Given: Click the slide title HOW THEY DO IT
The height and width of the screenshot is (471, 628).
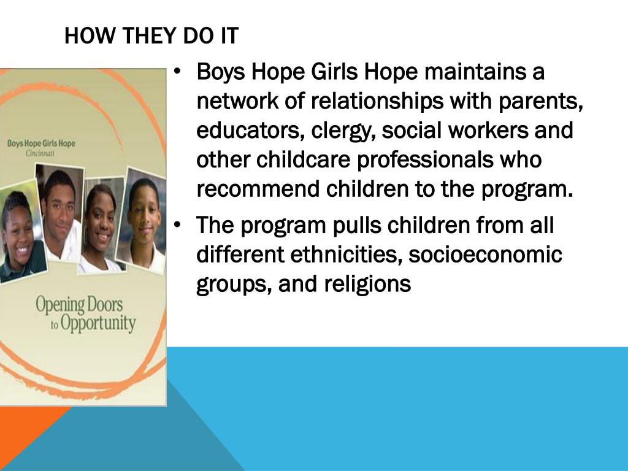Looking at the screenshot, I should tap(151, 37).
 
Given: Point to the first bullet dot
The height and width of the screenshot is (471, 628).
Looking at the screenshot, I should tap(177, 72).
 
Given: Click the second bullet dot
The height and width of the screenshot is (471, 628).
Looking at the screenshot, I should tap(177, 226).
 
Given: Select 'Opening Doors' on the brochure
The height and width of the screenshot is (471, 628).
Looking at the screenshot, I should tap(79, 305).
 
